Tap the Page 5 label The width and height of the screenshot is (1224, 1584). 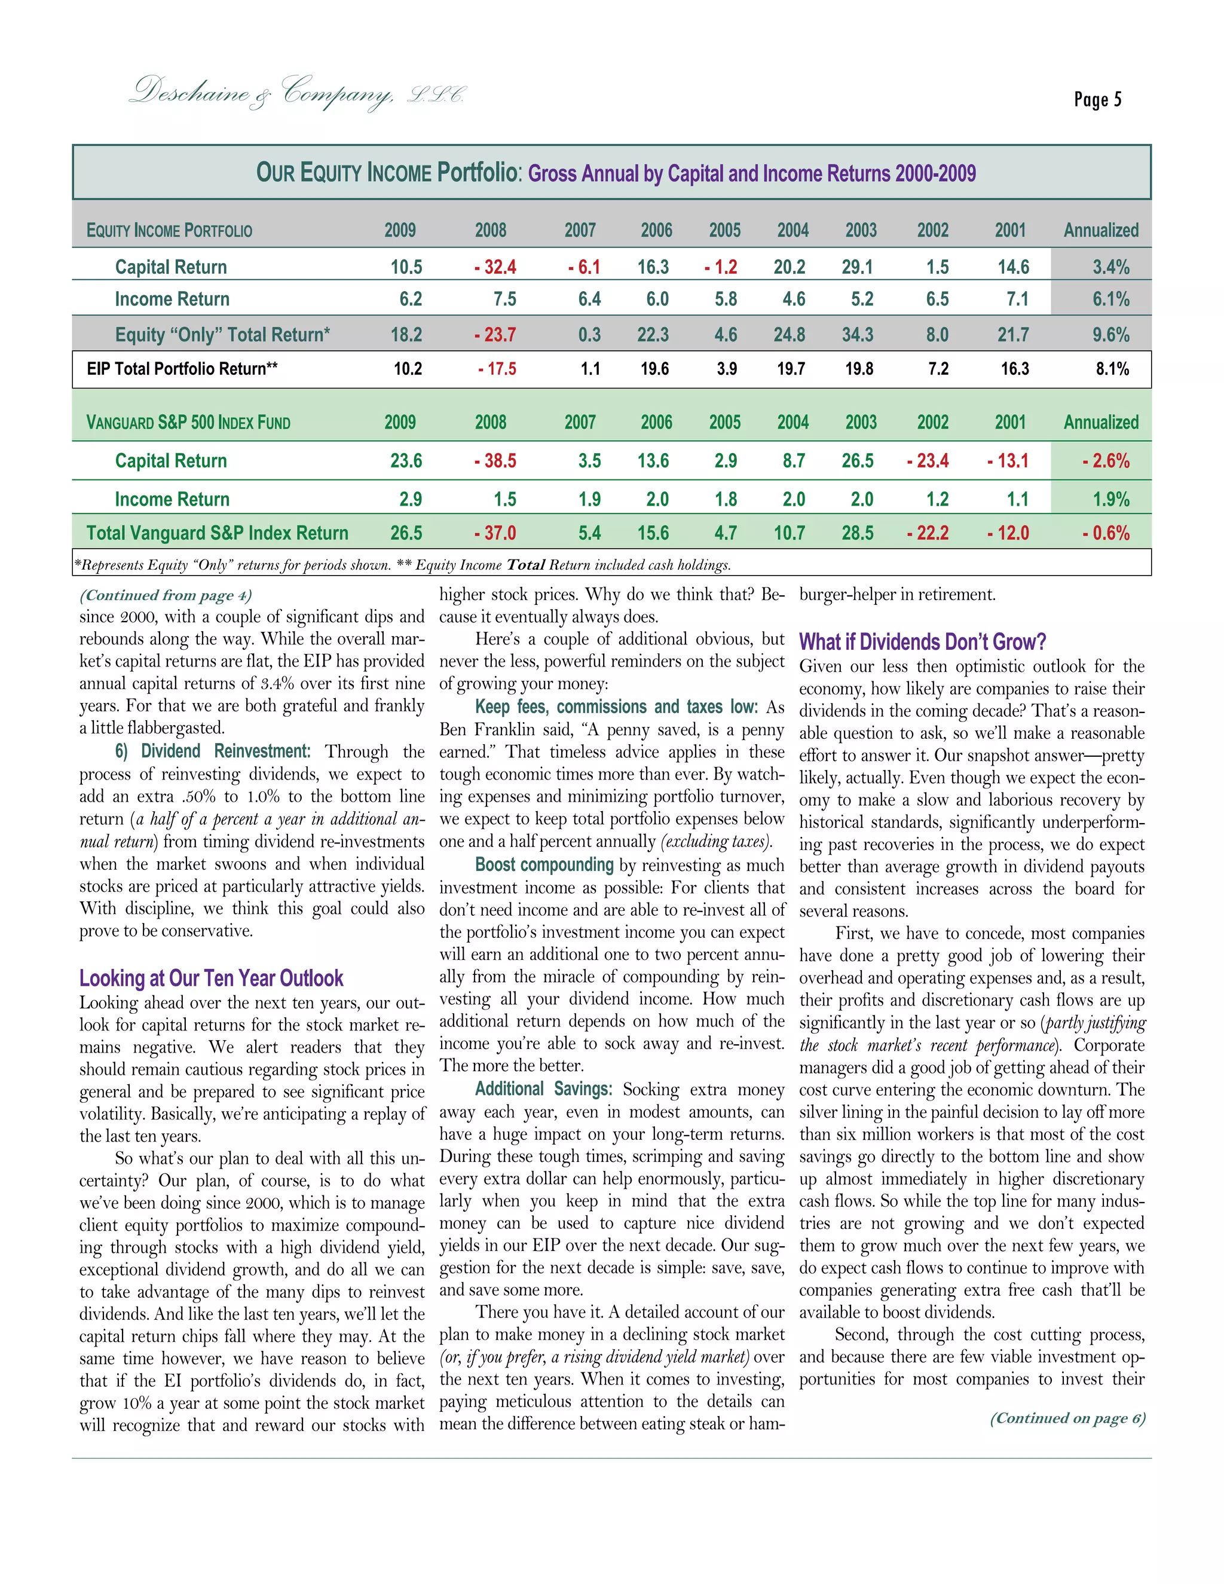(1097, 99)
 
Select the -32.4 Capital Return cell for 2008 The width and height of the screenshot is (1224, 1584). (495, 267)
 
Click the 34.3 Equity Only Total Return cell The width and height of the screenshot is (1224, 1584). (857, 334)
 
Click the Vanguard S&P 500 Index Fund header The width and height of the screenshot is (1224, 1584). (188, 422)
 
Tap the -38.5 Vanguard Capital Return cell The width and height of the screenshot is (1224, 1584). (495, 460)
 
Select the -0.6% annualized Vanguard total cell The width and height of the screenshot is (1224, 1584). (1106, 533)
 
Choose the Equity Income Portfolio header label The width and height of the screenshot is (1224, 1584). (170, 231)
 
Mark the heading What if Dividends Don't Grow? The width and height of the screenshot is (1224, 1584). (922, 642)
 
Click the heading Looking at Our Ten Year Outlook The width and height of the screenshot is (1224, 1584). (211, 978)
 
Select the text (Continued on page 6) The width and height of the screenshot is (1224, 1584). (1067, 1418)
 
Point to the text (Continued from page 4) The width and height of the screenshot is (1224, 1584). (166, 595)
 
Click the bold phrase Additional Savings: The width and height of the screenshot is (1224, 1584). (544, 1088)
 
